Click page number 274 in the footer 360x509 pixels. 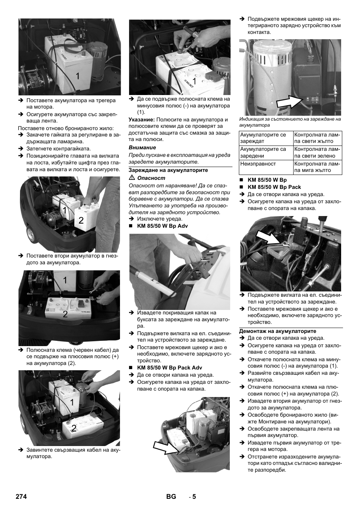click(21, 497)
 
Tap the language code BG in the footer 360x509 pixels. click(171, 497)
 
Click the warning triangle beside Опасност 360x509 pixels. click(132, 178)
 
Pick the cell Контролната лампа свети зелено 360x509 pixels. click(317, 152)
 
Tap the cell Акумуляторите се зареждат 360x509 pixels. click(263, 138)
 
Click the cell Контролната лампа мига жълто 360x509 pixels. click(317, 167)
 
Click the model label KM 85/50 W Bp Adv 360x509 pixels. click(162, 226)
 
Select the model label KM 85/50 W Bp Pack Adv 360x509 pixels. click(169, 368)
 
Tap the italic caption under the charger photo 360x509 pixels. click(290, 122)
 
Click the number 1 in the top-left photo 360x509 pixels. click(77, 76)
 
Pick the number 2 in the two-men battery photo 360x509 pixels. click(81, 221)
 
